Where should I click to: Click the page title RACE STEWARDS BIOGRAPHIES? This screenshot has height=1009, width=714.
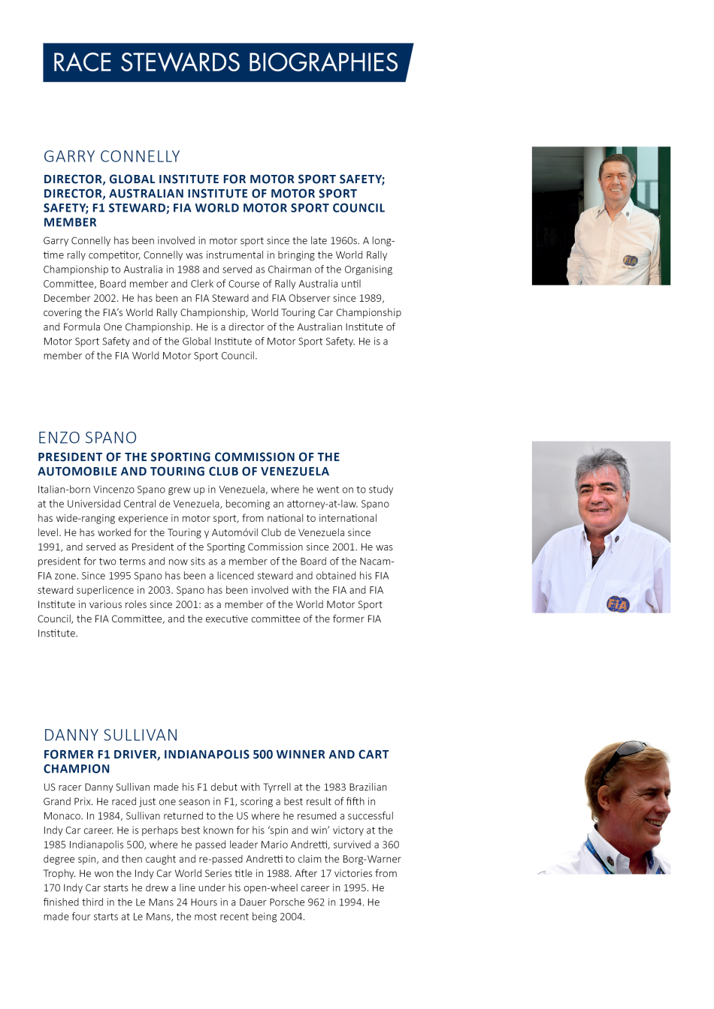pos(225,62)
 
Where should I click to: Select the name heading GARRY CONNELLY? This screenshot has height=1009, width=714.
pos(112,156)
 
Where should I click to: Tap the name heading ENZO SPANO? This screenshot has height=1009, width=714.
pos(87,438)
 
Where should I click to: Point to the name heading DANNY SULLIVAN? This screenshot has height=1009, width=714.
pos(110,735)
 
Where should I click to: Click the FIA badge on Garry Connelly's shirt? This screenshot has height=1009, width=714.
pos(630,261)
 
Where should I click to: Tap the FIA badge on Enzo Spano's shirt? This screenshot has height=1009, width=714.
pos(618,604)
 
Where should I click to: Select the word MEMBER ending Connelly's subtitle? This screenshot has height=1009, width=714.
pos(70,222)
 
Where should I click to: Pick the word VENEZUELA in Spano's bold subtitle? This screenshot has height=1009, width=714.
pos(295,471)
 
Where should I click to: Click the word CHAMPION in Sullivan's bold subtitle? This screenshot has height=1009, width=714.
pos(77,769)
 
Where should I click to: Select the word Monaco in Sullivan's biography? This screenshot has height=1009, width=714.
pos(62,816)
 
